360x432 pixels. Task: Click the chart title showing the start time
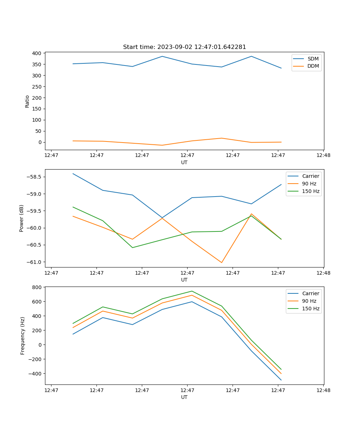click(184, 47)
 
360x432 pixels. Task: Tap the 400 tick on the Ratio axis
click(37, 53)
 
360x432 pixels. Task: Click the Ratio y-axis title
click(27, 101)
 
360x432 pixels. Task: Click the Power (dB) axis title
click(22, 218)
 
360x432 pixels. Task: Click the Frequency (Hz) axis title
click(22, 336)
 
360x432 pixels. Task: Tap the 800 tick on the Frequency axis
click(37, 287)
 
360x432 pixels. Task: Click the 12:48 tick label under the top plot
click(323, 156)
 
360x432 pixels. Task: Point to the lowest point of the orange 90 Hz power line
click(221, 262)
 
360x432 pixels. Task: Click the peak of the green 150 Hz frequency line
click(192, 291)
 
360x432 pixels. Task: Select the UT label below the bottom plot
click(184, 397)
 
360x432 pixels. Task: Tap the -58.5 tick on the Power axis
click(34, 177)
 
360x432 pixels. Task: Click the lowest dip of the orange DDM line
click(162, 145)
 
